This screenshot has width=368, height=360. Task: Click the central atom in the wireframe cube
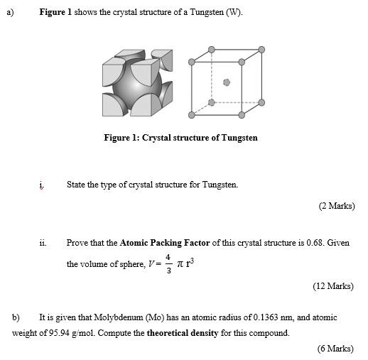227,82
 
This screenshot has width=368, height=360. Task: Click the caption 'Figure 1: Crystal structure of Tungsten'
180,138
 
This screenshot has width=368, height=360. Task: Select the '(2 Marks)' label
336,206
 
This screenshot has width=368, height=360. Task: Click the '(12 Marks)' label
333,286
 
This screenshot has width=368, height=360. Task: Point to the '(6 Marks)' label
335,348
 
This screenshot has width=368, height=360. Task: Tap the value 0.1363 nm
266,317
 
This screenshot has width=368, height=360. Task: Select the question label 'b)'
16,317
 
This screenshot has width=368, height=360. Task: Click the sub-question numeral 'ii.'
43,243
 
